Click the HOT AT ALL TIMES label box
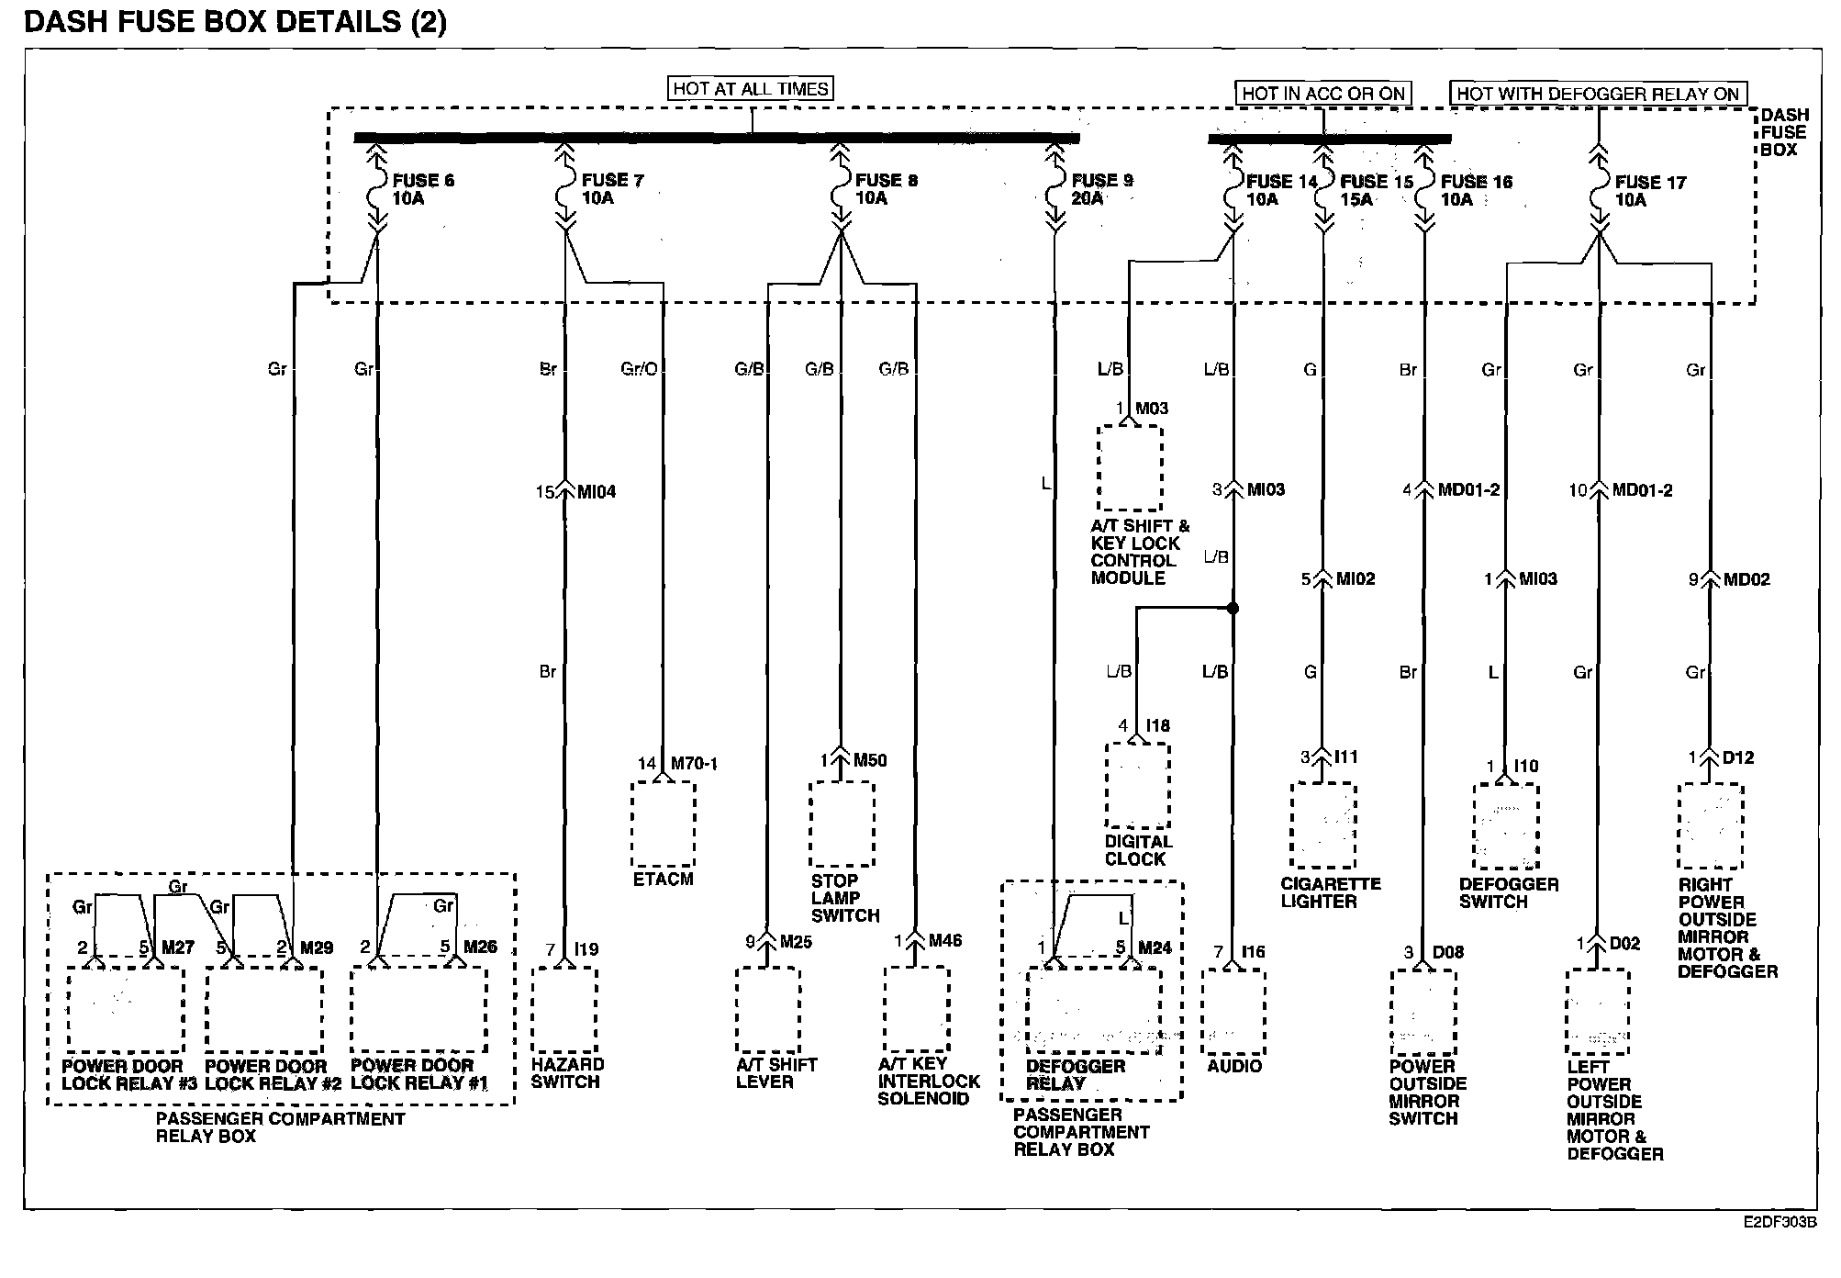pyautogui.click(x=751, y=89)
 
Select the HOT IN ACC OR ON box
pyautogui.click(x=1322, y=94)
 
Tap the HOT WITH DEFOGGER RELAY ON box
pyautogui.click(x=1598, y=94)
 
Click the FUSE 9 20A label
pyautogui.click(x=1101, y=189)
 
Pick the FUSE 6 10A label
pyautogui.click(x=422, y=189)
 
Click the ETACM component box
pyautogui.click(x=663, y=824)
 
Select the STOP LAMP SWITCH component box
pyautogui.click(x=841, y=824)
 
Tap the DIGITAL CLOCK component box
pyautogui.click(x=1137, y=785)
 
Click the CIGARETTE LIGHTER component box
pyautogui.click(x=1322, y=824)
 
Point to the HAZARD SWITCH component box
pyautogui.click(x=564, y=1008)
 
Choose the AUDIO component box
pyautogui.click(x=1233, y=1011)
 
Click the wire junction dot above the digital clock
pyautogui.click(x=1233, y=608)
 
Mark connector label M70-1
pyautogui.click(x=694, y=764)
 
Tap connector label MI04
pyautogui.click(x=597, y=492)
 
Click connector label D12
pyautogui.click(x=1738, y=758)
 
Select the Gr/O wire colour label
pyautogui.click(x=639, y=369)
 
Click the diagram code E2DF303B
pyautogui.click(x=1780, y=1223)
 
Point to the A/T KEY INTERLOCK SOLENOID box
pyautogui.click(x=916, y=1009)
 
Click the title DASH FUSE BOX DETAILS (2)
pyautogui.click(x=235, y=22)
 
